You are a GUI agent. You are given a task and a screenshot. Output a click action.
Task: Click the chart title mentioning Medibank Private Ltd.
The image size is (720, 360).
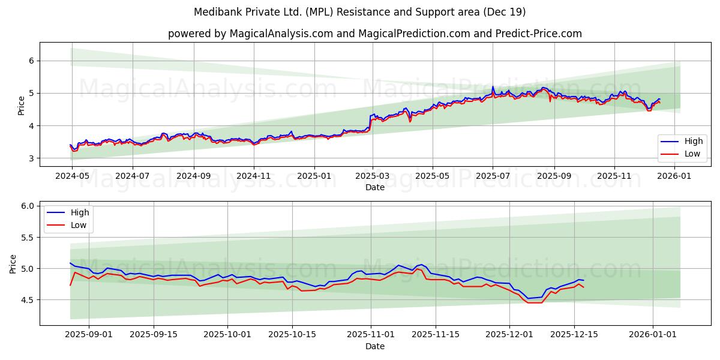pos(360,12)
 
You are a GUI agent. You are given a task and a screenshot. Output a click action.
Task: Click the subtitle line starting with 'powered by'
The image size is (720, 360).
pos(374,34)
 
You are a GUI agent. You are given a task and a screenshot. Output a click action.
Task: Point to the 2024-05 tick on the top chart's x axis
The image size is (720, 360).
pos(72,176)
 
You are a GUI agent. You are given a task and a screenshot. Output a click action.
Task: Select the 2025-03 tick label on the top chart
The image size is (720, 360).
pos(373,176)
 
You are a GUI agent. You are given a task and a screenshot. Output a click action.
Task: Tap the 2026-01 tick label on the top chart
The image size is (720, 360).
pos(675,176)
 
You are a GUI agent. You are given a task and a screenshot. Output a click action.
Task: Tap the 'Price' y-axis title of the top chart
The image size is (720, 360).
pos(22,105)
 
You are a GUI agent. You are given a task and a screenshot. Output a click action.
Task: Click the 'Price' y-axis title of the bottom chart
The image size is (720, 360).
pos(13,263)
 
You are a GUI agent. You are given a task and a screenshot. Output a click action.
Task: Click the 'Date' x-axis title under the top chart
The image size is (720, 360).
pos(374,187)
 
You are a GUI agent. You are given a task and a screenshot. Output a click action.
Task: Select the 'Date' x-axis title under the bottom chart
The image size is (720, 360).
pos(374,346)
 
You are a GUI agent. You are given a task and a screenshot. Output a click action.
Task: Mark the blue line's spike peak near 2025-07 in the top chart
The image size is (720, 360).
pos(493,86)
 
